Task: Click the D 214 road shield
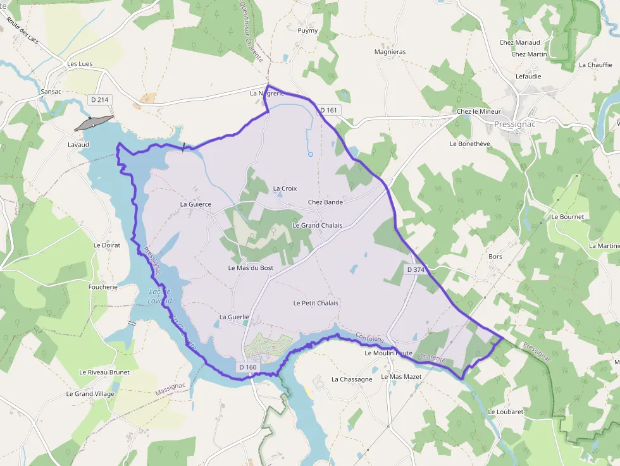tap(100, 99)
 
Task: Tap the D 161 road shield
tap(330, 110)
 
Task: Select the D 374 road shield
tap(416, 269)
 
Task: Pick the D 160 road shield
tap(248, 367)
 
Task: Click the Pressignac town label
tap(515, 125)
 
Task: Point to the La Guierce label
tap(195, 204)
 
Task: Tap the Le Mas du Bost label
tap(251, 268)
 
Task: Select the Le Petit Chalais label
tap(316, 303)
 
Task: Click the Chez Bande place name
tap(325, 202)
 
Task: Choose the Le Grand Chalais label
tap(317, 226)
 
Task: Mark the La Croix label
tap(285, 188)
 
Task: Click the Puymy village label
tap(307, 30)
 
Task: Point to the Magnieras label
tap(390, 52)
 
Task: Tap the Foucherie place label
tap(103, 286)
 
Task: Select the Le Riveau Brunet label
tap(104, 372)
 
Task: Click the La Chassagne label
tap(352, 379)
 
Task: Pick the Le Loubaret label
tap(505, 412)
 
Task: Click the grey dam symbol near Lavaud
tap(94, 123)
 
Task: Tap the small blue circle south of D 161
tap(310, 154)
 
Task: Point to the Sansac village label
tap(51, 92)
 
